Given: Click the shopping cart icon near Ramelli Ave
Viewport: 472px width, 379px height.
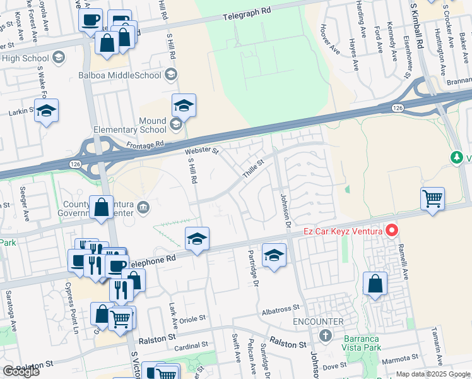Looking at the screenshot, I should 432,198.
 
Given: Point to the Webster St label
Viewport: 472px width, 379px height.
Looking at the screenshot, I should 201,152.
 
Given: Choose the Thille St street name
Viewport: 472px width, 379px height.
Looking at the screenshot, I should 254,169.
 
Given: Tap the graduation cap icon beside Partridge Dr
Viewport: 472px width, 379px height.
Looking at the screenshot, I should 274,255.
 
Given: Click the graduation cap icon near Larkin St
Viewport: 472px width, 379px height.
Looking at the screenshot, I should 46,111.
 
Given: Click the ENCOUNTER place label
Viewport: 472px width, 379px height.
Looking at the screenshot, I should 318,322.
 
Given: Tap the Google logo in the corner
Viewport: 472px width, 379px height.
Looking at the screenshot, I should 21,371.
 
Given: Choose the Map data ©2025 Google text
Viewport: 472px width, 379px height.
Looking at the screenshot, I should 433,374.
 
